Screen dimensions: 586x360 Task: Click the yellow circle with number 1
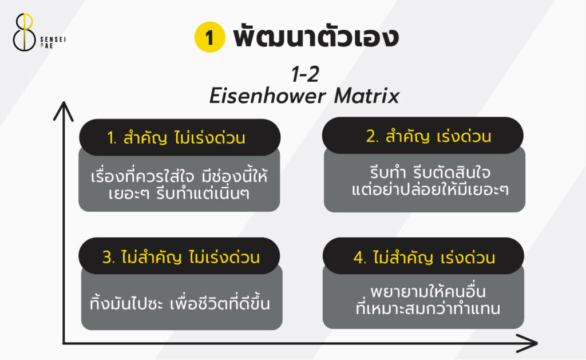[209, 37]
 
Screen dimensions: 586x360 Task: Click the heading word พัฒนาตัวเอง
[316, 36]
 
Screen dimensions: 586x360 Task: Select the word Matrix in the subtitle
[367, 96]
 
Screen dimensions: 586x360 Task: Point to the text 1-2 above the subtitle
[306, 74]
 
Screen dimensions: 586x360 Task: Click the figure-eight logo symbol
[24, 32]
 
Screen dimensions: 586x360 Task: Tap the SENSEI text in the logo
[53, 39]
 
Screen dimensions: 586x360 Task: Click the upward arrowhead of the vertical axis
[64, 110]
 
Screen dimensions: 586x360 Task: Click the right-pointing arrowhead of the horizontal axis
[527, 343]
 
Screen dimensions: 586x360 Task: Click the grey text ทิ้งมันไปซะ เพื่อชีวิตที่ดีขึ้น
[180, 303]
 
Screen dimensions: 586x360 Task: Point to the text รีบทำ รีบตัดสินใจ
[430, 173]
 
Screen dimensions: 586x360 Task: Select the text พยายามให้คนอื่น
[428, 291]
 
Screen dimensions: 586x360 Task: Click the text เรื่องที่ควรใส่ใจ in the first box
[142, 176]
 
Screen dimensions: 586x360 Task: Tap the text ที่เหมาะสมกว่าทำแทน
[428, 309]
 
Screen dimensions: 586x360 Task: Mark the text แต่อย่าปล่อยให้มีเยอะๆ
[430, 189]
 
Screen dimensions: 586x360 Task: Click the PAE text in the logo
[47, 46]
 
